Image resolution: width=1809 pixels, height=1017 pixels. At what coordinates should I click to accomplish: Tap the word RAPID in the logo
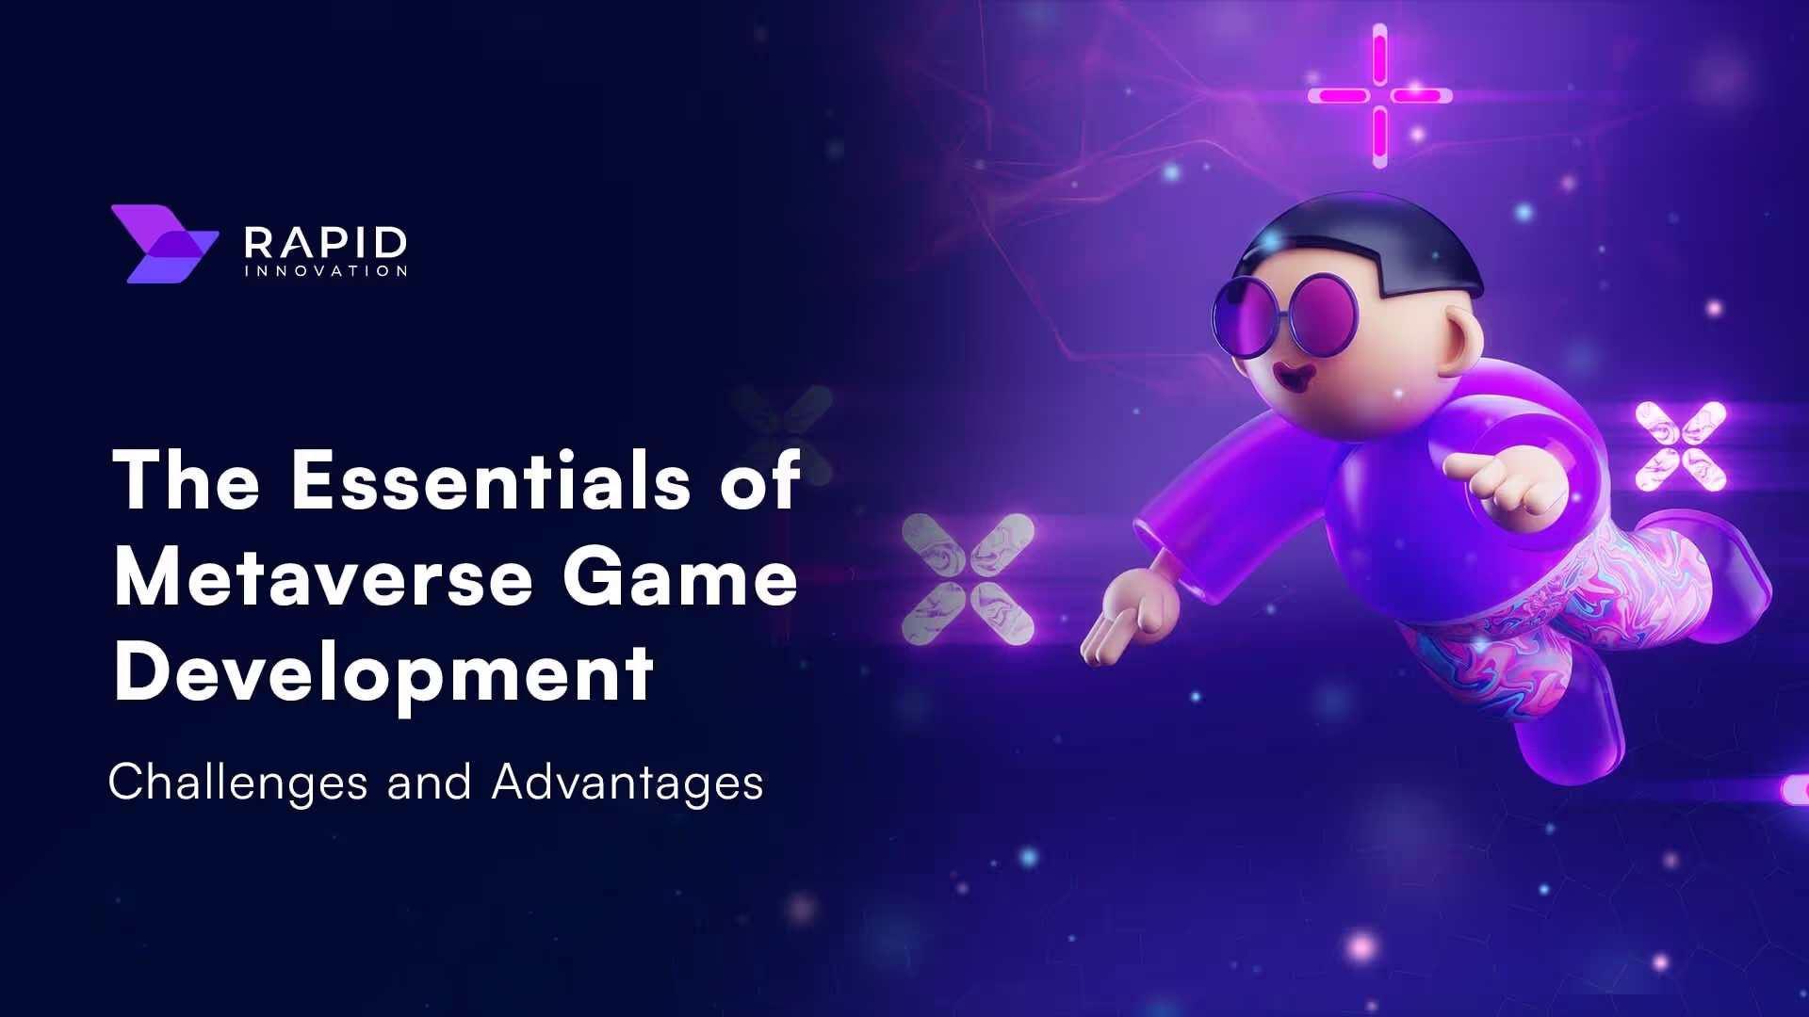click(x=325, y=243)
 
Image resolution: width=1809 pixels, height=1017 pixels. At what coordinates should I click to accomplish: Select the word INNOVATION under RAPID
click(x=325, y=271)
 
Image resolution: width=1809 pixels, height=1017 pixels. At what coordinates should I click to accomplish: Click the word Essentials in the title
click(x=491, y=480)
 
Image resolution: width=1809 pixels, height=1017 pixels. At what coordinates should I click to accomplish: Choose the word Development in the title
click(x=383, y=674)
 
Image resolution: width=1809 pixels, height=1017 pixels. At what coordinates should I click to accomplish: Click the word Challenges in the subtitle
click(x=237, y=783)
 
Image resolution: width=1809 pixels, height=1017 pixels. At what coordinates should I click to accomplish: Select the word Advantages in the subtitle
click(x=627, y=783)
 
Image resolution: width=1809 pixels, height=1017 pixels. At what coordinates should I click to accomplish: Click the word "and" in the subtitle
click(x=429, y=783)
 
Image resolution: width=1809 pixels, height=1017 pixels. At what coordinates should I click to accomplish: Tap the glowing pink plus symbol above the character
click(x=1379, y=95)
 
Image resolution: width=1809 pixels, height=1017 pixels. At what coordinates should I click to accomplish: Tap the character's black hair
click(x=1366, y=235)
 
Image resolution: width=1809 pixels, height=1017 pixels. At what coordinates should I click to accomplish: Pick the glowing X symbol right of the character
click(x=1681, y=446)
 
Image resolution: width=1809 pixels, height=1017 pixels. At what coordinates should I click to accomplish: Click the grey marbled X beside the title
click(x=968, y=579)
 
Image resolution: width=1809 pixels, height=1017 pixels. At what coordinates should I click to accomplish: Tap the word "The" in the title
click(x=186, y=480)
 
